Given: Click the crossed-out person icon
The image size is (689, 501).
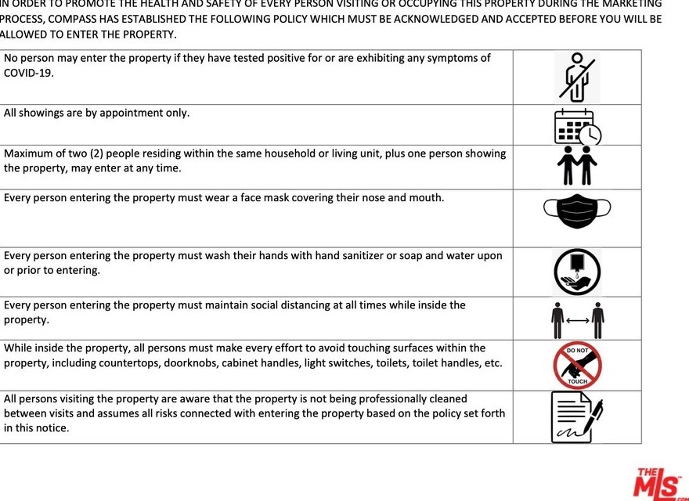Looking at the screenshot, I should click(577, 77).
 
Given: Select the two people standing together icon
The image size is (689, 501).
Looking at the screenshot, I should click(578, 167).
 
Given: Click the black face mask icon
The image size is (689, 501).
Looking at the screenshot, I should click(577, 210).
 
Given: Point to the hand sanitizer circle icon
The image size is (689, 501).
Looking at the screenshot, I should click(577, 272).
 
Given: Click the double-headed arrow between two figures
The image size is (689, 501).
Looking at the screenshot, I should click(577, 319).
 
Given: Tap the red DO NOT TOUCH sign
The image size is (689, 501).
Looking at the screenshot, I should click(577, 366).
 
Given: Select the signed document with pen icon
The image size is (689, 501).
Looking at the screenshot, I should click(577, 416).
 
